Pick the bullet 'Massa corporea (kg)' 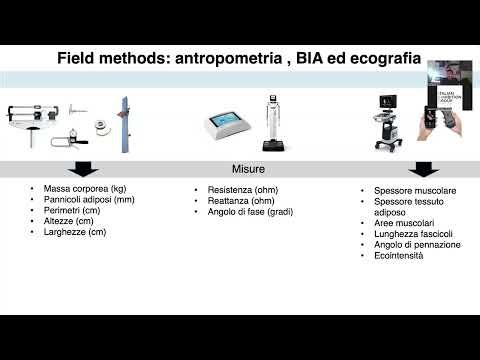(x=84, y=188)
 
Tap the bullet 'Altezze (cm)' (x=69, y=221)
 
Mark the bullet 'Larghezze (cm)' (x=74, y=232)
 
